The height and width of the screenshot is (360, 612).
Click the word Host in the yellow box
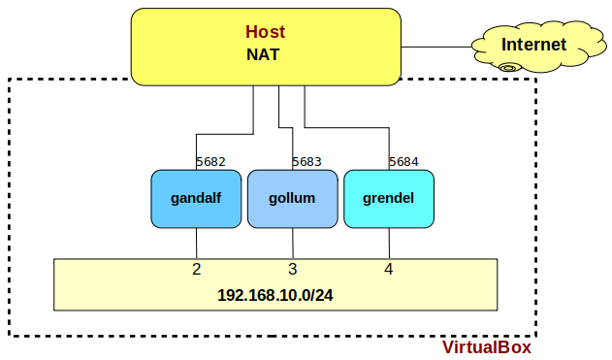point(265,33)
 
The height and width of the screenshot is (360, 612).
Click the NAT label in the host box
point(263,55)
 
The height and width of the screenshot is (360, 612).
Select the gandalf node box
point(195,199)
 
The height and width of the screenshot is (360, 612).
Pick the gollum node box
point(292,199)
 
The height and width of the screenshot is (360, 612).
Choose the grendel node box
point(388,199)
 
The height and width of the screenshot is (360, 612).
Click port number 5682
point(211,162)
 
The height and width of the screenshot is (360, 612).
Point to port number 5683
point(307,162)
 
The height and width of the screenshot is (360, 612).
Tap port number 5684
point(403,162)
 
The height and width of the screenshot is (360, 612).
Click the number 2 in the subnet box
point(196,269)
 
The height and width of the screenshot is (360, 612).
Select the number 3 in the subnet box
point(292,269)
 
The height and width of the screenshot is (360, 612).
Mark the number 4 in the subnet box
point(388,269)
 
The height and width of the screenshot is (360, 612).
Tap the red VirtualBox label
point(487,347)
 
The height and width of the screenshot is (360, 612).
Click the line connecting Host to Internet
point(436,45)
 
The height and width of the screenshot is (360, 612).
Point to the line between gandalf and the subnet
point(197,243)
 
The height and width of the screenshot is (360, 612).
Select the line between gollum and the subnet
point(293,243)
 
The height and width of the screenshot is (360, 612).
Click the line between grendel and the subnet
point(389,243)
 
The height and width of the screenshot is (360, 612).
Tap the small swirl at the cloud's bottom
point(508,67)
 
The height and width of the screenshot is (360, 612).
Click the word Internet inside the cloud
point(533,45)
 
